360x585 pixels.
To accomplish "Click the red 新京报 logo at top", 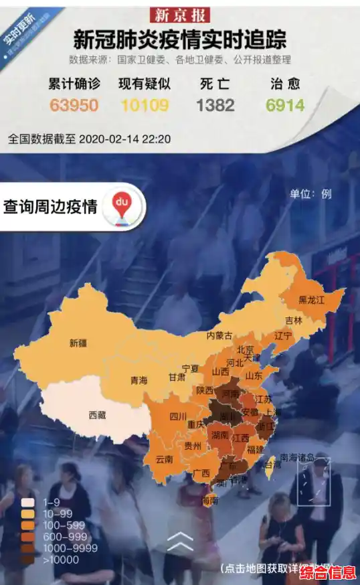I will [180, 15].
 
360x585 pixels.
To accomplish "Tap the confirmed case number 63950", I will [74, 105].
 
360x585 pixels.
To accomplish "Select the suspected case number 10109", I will [144, 105].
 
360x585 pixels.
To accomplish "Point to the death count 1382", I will [215, 105].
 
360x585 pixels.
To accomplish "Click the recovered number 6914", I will [284, 105].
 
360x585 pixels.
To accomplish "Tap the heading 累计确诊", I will [74, 84].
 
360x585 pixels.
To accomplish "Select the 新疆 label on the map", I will [78, 343].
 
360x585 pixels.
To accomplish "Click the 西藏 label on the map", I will [98, 415].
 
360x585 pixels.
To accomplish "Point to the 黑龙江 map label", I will [311, 301].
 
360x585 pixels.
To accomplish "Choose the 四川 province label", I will [177, 416].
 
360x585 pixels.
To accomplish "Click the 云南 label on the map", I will [164, 459].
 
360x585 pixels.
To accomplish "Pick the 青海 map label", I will [139, 380].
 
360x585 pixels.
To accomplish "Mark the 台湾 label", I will [270, 464].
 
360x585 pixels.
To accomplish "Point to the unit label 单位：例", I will [310, 194].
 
